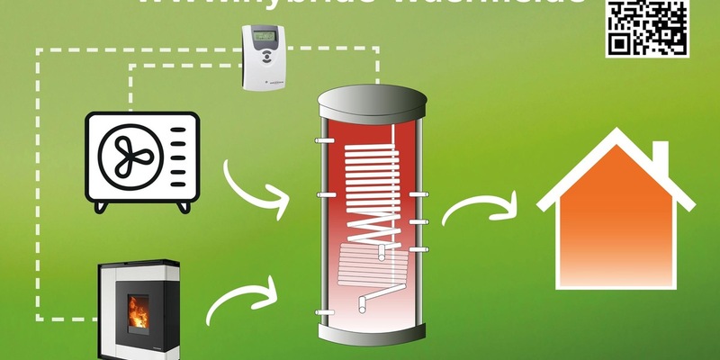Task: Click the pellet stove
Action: point(139,310)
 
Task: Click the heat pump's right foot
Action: point(184,206)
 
